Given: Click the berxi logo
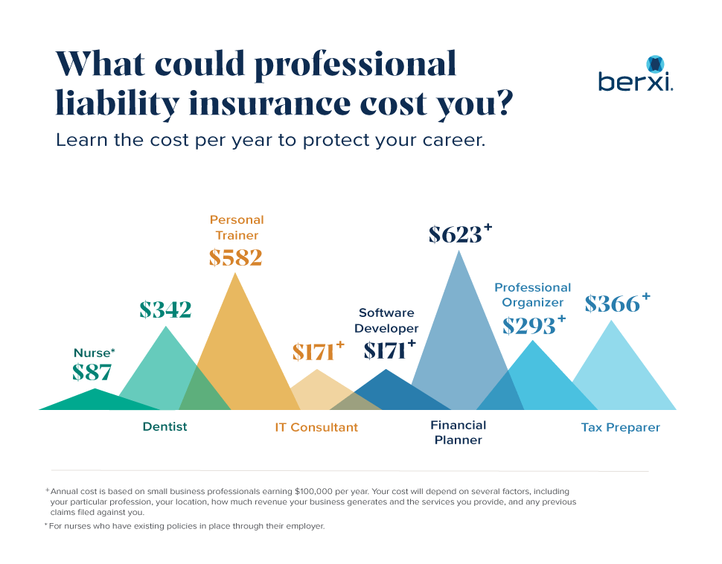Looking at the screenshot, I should [636, 75].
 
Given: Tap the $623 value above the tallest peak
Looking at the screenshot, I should [456, 234].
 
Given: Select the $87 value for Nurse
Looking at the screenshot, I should [92, 372].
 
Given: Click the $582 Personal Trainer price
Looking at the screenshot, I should [235, 257].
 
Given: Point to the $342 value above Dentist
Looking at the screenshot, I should [165, 310].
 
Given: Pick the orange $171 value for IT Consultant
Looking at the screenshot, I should [313, 352].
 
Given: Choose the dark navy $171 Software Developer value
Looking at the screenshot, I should [385, 350].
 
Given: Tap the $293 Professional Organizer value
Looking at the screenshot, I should [528, 326].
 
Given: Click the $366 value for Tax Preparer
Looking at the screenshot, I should [612, 304].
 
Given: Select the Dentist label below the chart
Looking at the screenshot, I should [164, 427].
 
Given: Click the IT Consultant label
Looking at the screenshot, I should [316, 428].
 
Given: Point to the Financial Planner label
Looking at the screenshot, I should [459, 432].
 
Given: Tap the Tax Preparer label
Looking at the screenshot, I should [620, 428].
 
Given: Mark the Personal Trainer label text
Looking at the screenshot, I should [237, 228].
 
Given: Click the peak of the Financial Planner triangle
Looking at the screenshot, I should [459, 251].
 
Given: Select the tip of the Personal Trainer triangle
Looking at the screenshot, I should [235, 274].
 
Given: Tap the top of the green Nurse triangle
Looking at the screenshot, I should [95, 389].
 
